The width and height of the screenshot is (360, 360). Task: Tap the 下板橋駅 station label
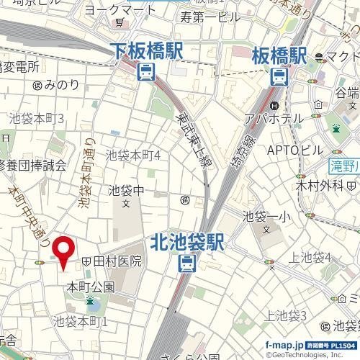(147, 50)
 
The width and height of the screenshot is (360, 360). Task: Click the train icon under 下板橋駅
(147, 71)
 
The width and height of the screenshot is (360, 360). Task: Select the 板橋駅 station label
(280, 55)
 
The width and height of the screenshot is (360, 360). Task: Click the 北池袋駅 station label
(188, 241)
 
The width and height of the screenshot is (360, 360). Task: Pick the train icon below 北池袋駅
(186, 264)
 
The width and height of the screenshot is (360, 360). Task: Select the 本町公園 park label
(90, 287)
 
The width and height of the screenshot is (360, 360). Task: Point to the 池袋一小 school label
(266, 215)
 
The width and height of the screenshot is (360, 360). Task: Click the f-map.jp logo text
(284, 345)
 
